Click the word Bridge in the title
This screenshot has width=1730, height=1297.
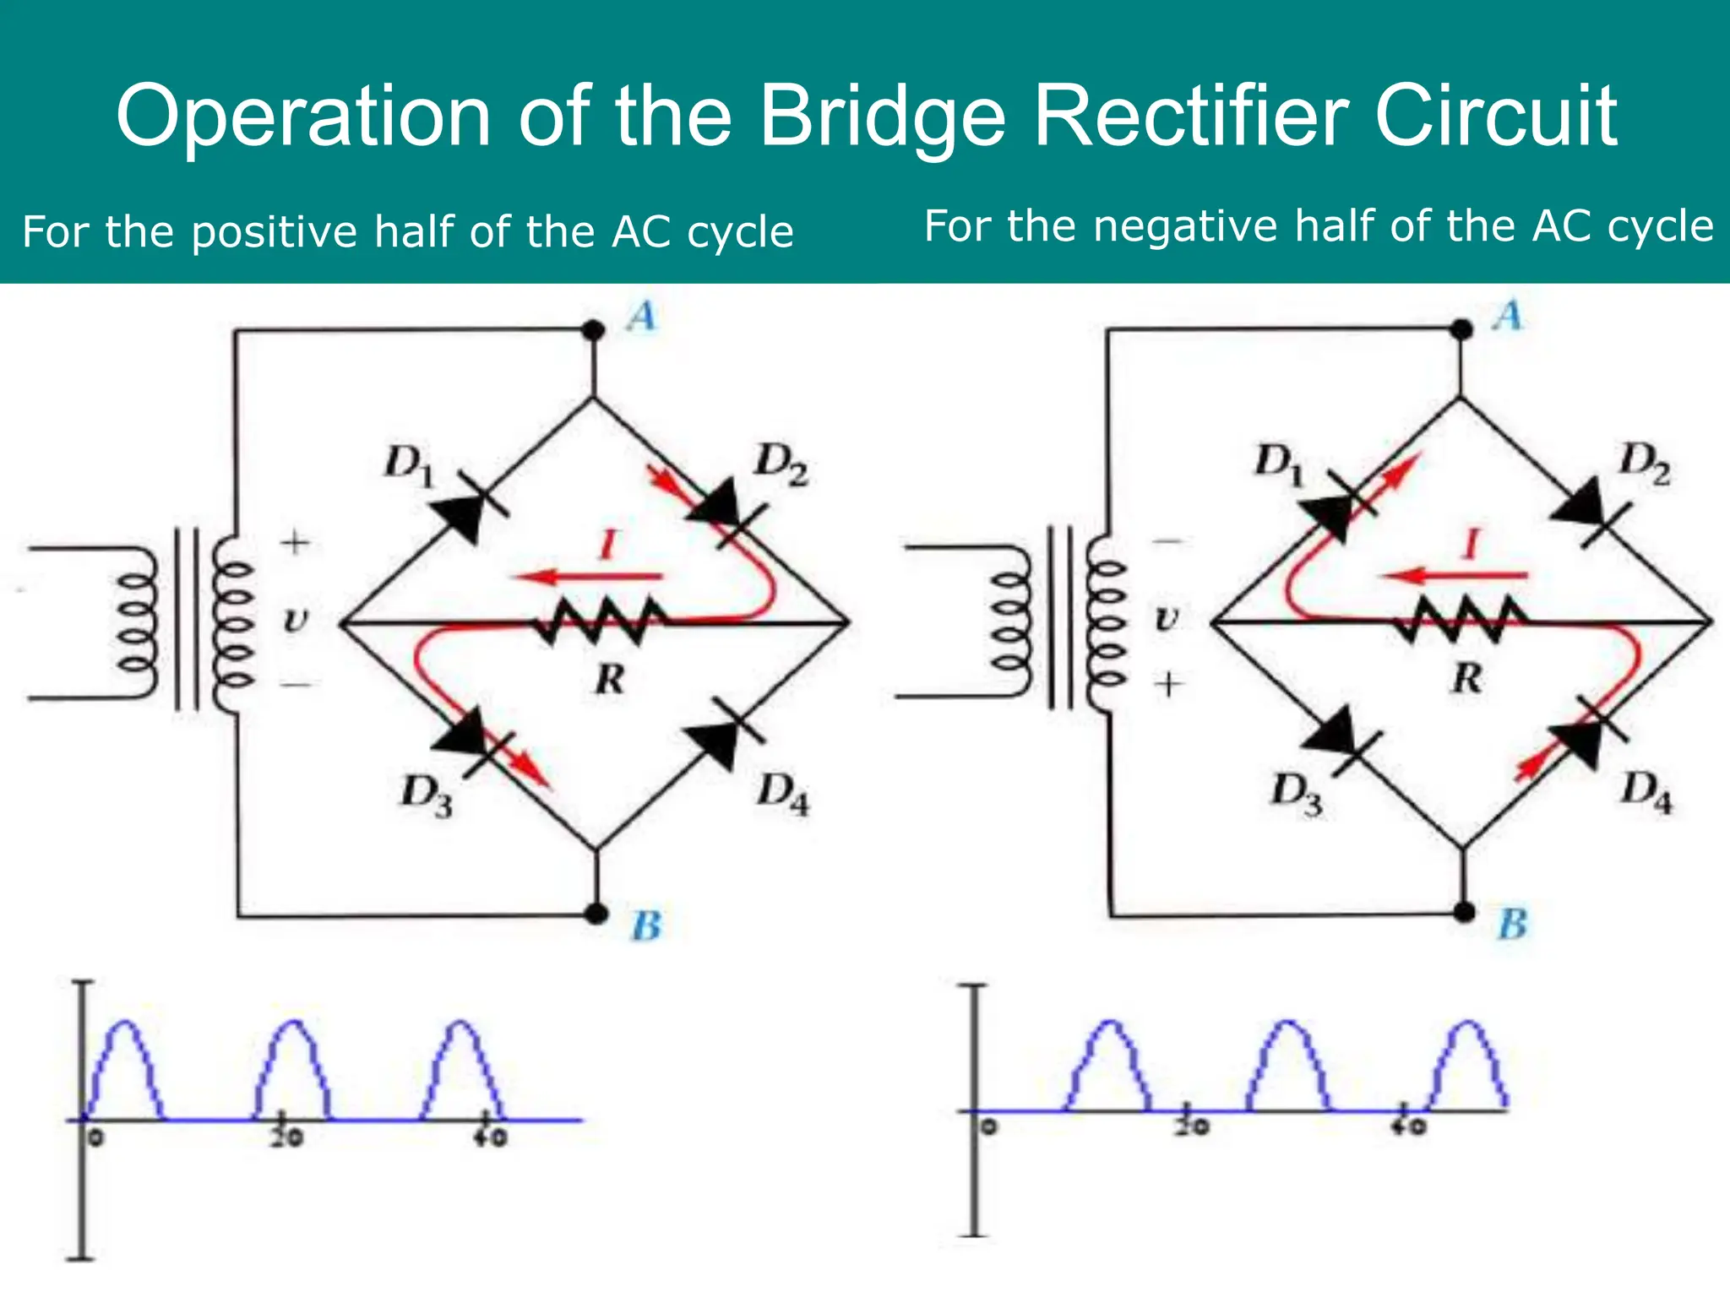(x=882, y=118)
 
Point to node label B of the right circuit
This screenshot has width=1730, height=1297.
(x=1512, y=924)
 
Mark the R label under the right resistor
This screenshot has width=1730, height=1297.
(x=1467, y=678)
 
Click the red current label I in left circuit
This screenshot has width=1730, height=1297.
(x=607, y=544)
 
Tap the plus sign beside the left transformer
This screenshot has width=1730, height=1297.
(x=295, y=541)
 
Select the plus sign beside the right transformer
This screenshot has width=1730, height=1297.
(x=1168, y=683)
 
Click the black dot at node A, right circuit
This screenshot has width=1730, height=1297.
(x=1461, y=330)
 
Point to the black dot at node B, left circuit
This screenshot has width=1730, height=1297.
(x=596, y=913)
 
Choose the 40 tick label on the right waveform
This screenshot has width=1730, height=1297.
(x=1409, y=1126)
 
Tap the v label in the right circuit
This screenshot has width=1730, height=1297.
(x=1166, y=619)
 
